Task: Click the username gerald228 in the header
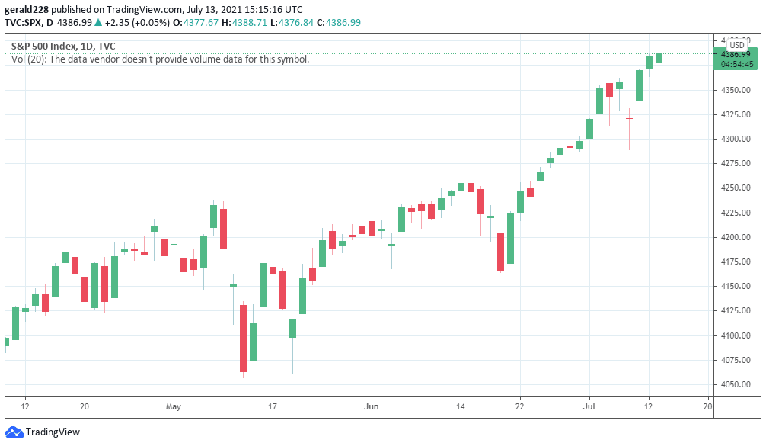point(31,9)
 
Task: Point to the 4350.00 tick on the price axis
point(736,90)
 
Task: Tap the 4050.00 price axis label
point(736,384)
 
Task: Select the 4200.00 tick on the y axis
point(736,237)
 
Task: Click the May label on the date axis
point(173,407)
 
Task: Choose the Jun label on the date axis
point(372,407)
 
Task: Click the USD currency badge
point(737,45)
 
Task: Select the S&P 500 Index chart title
point(63,46)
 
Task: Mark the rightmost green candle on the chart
point(659,58)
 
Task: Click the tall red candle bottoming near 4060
point(243,338)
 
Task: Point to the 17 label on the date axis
point(273,407)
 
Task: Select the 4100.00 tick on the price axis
point(736,335)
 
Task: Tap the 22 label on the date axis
point(520,407)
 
